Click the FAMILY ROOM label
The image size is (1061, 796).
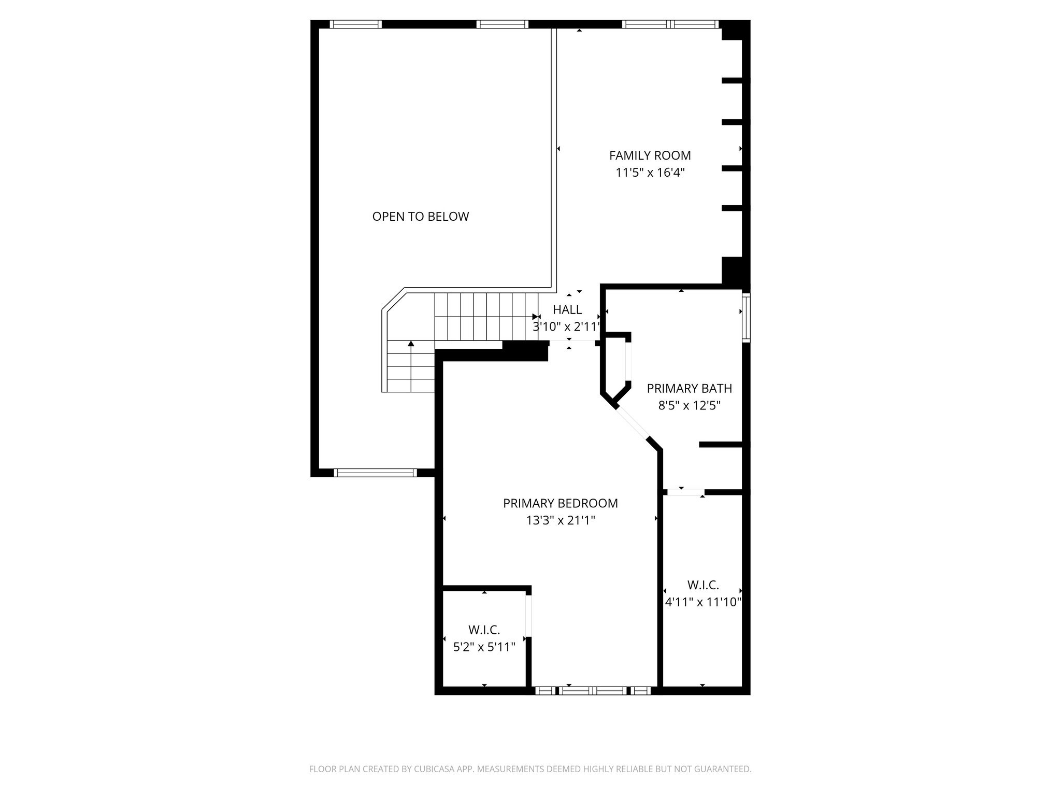tap(650, 155)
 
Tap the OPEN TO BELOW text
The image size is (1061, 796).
tap(420, 217)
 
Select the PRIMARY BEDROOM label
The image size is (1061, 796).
tap(560, 503)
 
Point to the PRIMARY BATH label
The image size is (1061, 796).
tap(689, 388)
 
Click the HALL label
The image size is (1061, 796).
tap(567, 310)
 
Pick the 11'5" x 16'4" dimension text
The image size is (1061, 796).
tap(650, 173)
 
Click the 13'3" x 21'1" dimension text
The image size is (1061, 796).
tap(560, 520)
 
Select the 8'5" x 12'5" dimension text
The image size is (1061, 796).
tap(689, 405)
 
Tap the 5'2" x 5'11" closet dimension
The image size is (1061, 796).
tap(484, 647)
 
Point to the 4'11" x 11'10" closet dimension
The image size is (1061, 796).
tap(703, 602)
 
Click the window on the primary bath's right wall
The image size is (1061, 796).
tap(746, 317)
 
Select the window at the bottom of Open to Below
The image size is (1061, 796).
tap(375, 473)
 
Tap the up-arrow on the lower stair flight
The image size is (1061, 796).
tap(411, 344)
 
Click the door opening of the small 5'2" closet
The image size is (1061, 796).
tap(528, 616)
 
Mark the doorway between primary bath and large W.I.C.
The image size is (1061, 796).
tap(685, 492)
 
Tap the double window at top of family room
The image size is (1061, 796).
tap(670, 24)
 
